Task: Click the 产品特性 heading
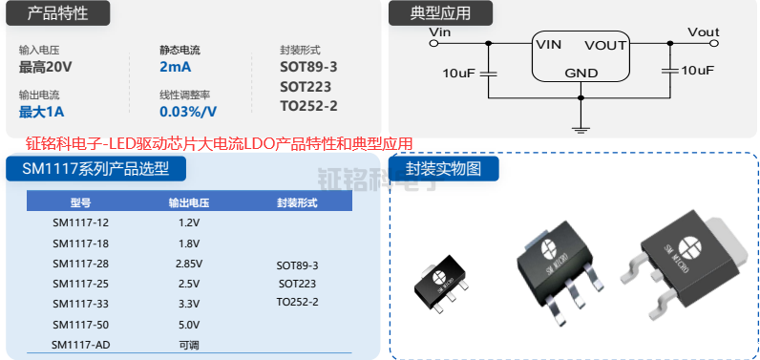[x=58, y=13]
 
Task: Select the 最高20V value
[x=46, y=67]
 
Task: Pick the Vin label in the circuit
[x=440, y=32]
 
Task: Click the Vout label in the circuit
[x=704, y=32]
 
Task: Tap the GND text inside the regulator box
[x=581, y=73]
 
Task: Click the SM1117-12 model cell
[x=80, y=222]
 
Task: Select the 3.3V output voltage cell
[x=188, y=303]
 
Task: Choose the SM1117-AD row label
[x=80, y=344]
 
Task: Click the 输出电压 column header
[x=188, y=202]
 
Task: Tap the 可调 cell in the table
[x=188, y=344]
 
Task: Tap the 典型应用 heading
[x=440, y=13]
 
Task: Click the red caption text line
[x=206, y=144]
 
